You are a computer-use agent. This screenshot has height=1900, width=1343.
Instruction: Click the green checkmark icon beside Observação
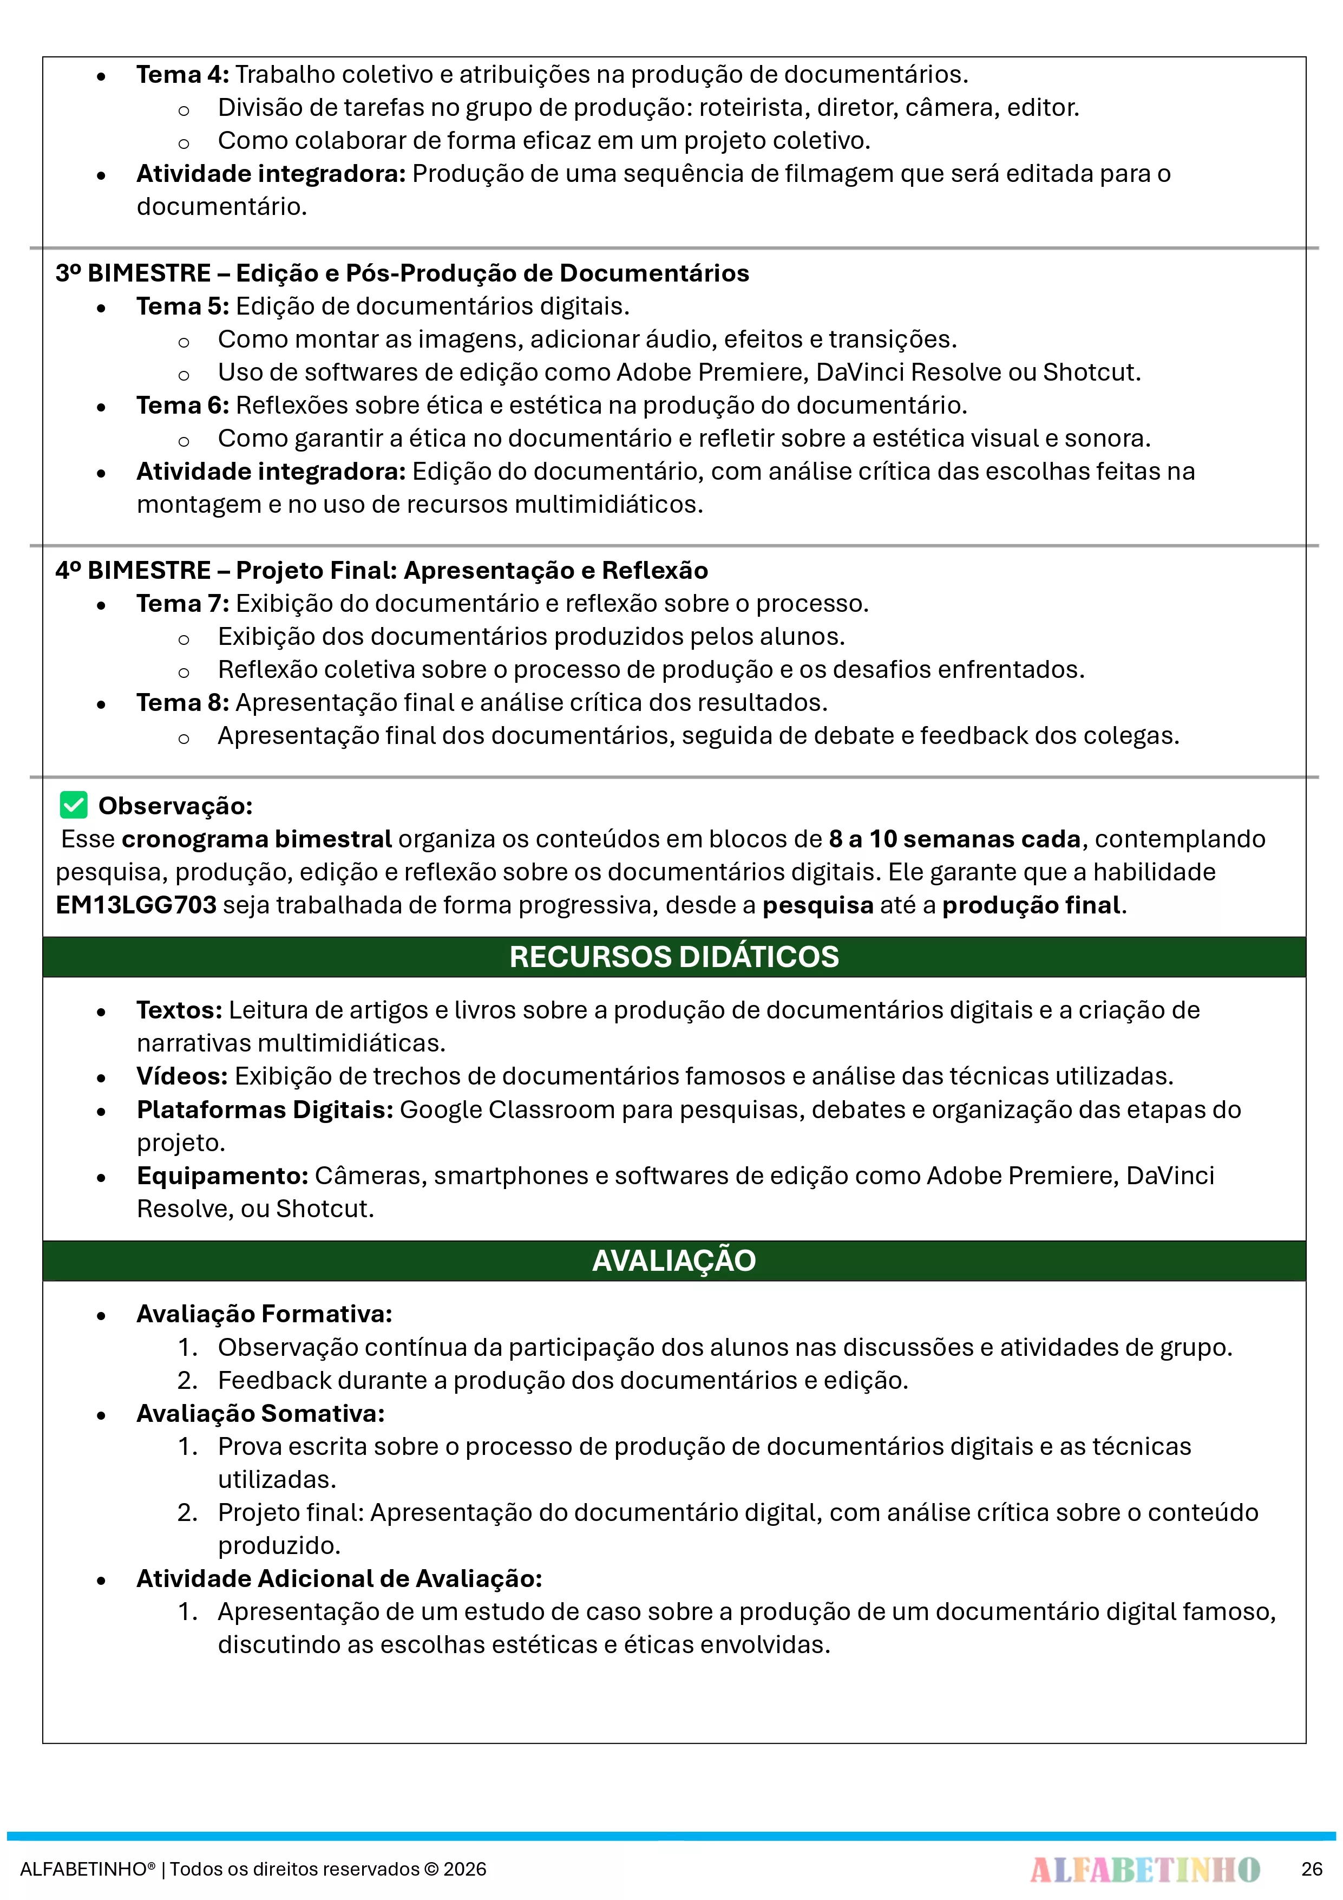click(74, 805)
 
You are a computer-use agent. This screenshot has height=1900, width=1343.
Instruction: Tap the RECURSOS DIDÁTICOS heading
click(673, 957)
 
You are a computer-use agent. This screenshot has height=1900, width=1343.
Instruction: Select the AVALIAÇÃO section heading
click(673, 1261)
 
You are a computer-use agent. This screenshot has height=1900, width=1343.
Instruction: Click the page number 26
click(1312, 1869)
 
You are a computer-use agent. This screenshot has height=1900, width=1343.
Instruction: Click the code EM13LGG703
click(136, 904)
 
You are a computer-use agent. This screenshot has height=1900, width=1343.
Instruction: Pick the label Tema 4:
click(182, 75)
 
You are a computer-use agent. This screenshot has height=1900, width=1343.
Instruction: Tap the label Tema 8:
click(182, 703)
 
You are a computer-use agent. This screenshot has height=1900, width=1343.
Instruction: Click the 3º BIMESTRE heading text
click(402, 273)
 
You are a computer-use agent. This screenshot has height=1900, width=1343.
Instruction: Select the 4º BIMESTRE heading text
click(382, 570)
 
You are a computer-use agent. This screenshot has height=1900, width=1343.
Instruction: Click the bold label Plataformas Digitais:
click(265, 1109)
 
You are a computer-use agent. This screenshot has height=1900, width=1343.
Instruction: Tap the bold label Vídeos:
click(182, 1076)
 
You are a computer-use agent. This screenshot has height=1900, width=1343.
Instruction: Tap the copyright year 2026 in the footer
click(465, 1869)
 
